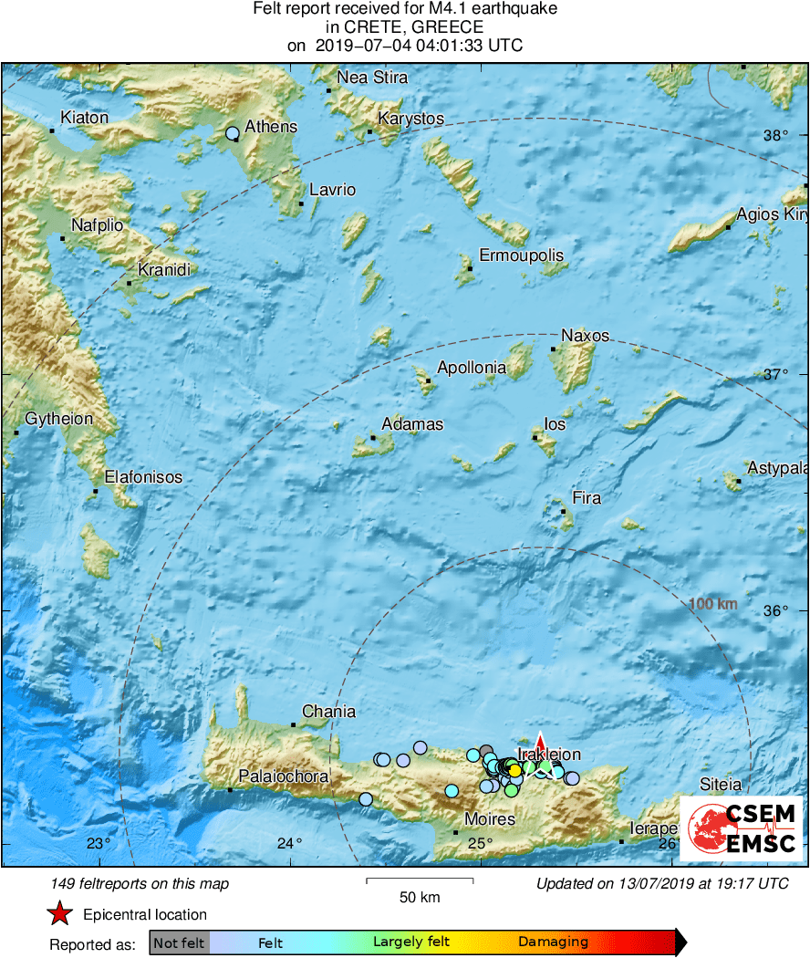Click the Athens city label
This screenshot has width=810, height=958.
[x=270, y=126]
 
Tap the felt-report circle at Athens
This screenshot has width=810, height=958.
[x=232, y=133]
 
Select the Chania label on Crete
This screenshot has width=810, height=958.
[x=328, y=711]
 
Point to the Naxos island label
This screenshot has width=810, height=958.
[x=585, y=335]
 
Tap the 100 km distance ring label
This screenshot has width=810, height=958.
[x=713, y=604]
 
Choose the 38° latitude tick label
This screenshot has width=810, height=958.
[x=775, y=135]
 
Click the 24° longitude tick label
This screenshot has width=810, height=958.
[x=290, y=842]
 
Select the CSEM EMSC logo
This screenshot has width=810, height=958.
[x=741, y=828]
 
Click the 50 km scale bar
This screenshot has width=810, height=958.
[x=420, y=881]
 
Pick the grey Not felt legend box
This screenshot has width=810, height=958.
[x=179, y=942]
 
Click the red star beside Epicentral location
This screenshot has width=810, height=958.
[x=59, y=914]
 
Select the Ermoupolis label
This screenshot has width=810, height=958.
[x=522, y=255]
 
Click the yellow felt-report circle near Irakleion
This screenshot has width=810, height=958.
[x=514, y=771]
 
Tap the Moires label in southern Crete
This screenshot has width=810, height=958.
[x=490, y=818]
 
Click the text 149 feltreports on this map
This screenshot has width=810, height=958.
[x=140, y=883]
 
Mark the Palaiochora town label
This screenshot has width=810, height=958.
[x=283, y=776]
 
